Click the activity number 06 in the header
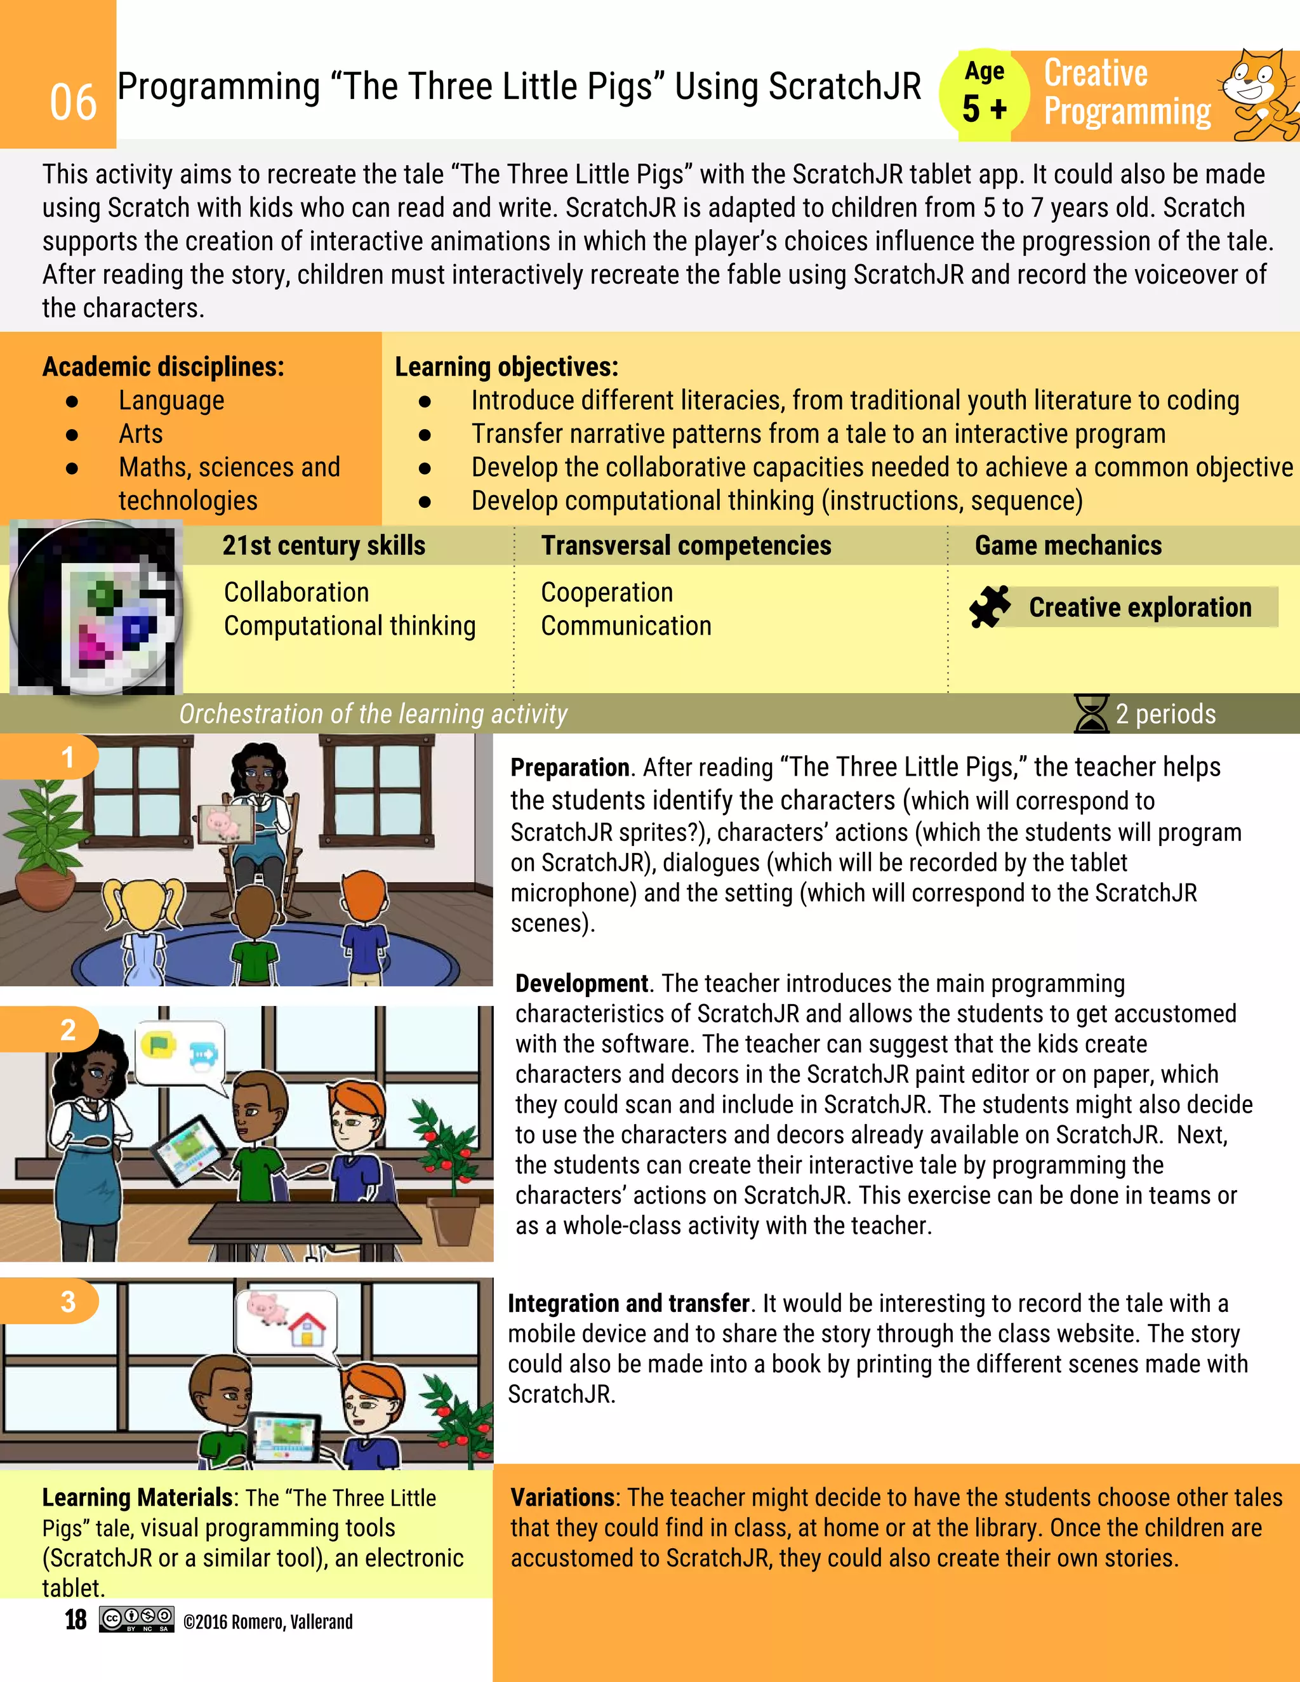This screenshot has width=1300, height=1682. click(x=73, y=102)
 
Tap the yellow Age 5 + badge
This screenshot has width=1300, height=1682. click(x=985, y=95)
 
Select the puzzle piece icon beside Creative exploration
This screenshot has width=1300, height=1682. click(x=990, y=606)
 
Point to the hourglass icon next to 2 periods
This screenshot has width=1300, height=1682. click(x=1091, y=714)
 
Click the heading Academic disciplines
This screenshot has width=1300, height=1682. click(x=162, y=367)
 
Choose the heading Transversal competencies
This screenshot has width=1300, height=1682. click(x=686, y=545)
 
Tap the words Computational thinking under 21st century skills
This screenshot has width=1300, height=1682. click(x=350, y=626)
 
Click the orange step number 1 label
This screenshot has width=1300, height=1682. click(x=67, y=757)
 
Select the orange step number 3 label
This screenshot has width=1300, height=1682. click(x=68, y=1302)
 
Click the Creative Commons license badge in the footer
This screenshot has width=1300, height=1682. click(x=136, y=1619)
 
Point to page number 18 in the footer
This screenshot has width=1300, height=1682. click(x=75, y=1620)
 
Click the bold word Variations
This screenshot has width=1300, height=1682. click(x=563, y=1497)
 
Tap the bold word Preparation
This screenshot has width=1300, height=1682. click(x=569, y=767)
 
